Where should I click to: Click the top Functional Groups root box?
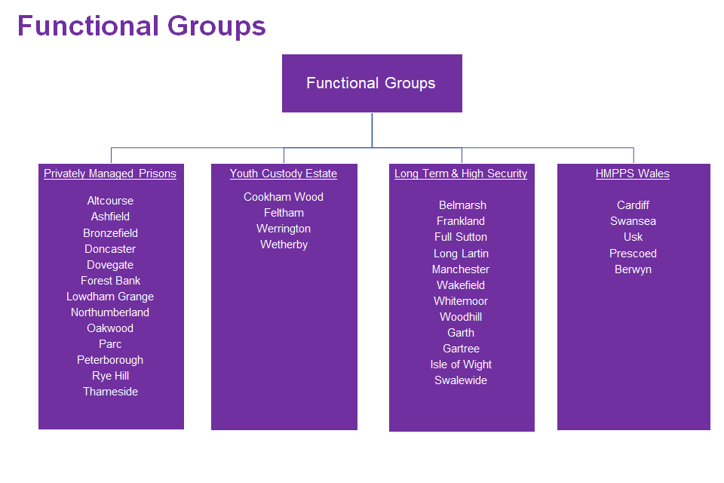click(x=372, y=83)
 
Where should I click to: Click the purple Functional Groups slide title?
click(x=142, y=26)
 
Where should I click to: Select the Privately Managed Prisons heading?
click(x=110, y=174)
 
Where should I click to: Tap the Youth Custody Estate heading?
click(x=284, y=174)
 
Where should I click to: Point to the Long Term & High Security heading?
click(x=461, y=174)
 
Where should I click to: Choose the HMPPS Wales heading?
click(x=633, y=174)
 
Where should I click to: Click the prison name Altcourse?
click(x=110, y=201)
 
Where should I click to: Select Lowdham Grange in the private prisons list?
click(x=110, y=297)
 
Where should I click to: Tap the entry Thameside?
click(x=110, y=392)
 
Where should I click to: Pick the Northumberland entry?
click(x=110, y=312)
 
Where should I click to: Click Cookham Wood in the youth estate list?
click(x=284, y=197)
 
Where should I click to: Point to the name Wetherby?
click(x=284, y=245)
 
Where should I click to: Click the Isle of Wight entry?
click(x=461, y=365)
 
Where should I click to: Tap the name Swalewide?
click(x=461, y=380)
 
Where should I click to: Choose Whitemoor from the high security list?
click(x=461, y=301)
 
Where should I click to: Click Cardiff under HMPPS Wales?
click(x=633, y=205)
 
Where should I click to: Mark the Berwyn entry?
click(x=633, y=269)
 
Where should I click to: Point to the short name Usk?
click(x=633, y=237)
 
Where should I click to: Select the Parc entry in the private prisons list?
click(x=110, y=344)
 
